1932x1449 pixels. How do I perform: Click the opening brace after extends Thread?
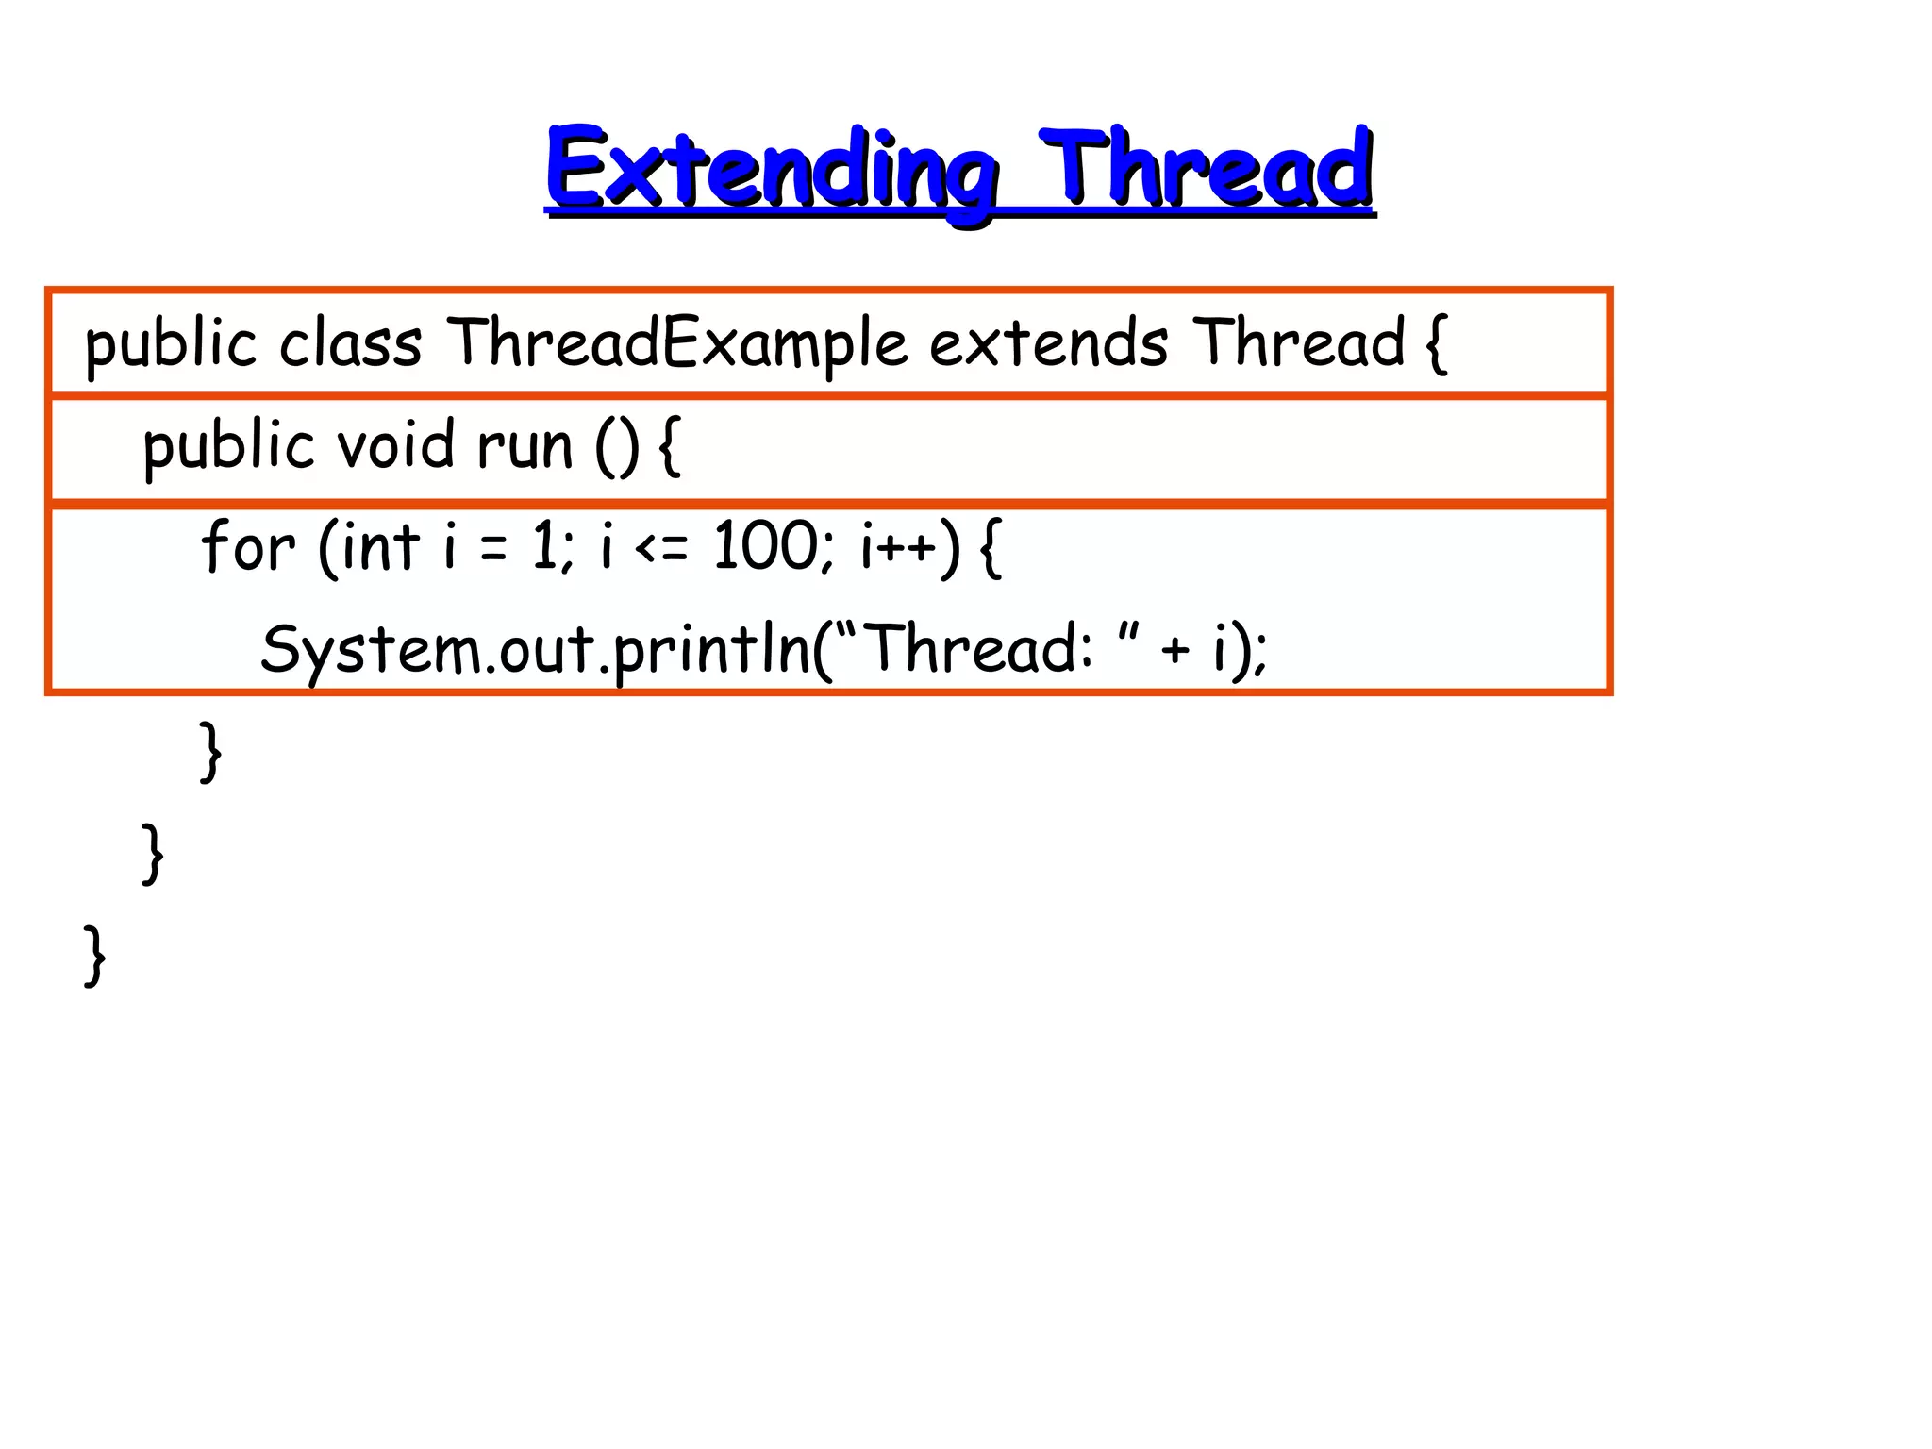pos(1436,345)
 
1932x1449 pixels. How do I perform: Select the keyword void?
pos(396,445)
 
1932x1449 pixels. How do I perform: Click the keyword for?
pos(248,546)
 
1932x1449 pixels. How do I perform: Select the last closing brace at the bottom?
pos(94,956)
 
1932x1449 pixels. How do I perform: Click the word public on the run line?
pos(227,447)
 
